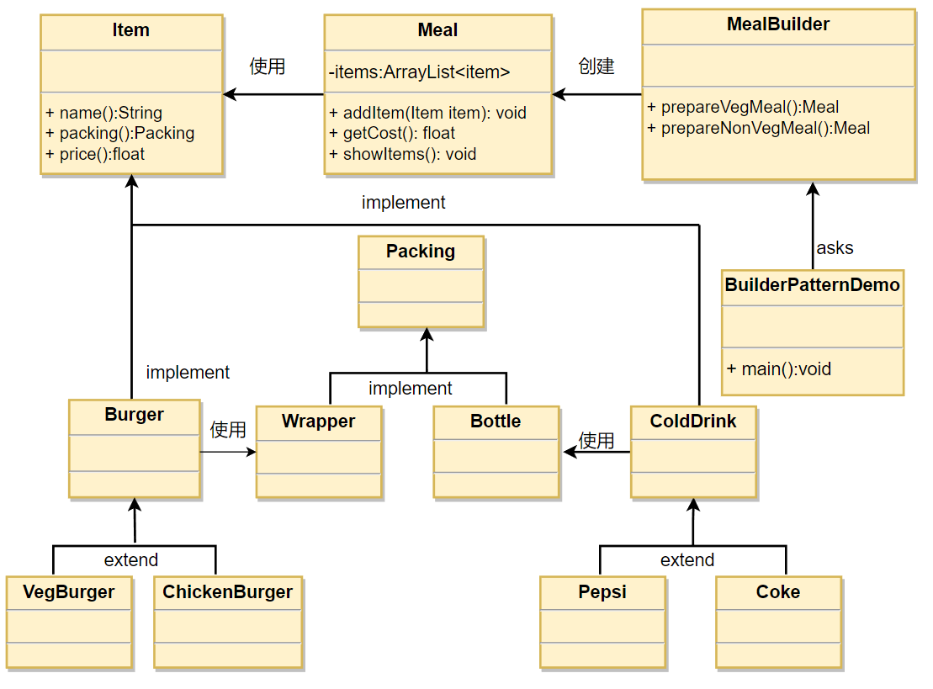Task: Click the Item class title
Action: pyautogui.click(x=131, y=29)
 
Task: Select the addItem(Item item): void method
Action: pyautogui.click(x=428, y=113)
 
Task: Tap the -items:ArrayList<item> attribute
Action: pyautogui.click(x=420, y=72)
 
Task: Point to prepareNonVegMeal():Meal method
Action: pyautogui.click(x=759, y=128)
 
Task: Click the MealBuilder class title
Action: pyautogui.click(x=777, y=24)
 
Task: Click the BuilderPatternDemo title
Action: pyautogui.click(x=812, y=285)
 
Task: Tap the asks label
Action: pyautogui.click(x=835, y=247)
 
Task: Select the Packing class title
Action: pyautogui.click(x=421, y=251)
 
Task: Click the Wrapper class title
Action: pyautogui.click(x=318, y=421)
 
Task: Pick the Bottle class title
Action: pyautogui.click(x=496, y=421)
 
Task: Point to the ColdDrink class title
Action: pyautogui.click(x=693, y=421)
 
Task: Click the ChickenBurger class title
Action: pyautogui.click(x=228, y=591)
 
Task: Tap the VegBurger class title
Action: pyautogui.click(x=69, y=591)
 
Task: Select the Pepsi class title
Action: pyautogui.click(x=602, y=591)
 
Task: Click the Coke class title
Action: pyautogui.click(x=778, y=591)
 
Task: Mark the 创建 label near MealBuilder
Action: pyautogui.click(x=596, y=66)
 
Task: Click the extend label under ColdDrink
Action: pyautogui.click(x=687, y=560)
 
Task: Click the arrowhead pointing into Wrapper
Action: pyautogui.click(x=251, y=453)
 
